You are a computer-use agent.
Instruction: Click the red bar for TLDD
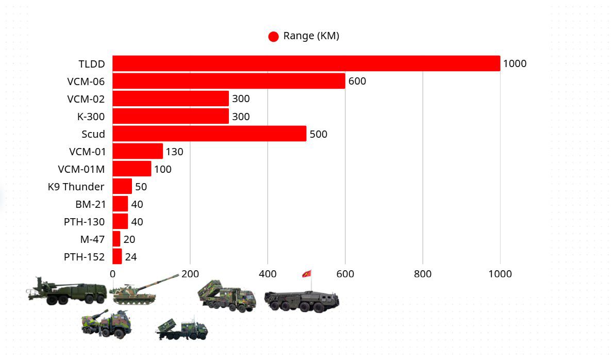click(x=306, y=63)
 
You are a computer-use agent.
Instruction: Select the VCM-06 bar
click(x=229, y=81)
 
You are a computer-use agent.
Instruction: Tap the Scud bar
click(x=209, y=134)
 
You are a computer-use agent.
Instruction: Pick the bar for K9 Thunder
click(x=122, y=186)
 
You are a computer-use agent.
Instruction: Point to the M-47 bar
click(x=117, y=239)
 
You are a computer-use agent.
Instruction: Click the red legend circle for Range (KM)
click(x=274, y=36)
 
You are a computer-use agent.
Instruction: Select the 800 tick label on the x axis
click(x=423, y=274)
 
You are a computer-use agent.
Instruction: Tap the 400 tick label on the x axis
click(x=268, y=274)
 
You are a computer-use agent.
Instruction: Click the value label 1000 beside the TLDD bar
click(x=514, y=63)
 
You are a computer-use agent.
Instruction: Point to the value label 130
click(x=174, y=152)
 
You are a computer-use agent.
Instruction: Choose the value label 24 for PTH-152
click(x=131, y=257)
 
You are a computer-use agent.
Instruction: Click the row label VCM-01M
click(x=81, y=169)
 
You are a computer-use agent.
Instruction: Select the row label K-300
click(x=91, y=117)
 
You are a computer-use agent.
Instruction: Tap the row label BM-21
click(x=90, y=204)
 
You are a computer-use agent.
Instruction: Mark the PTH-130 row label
click(x=84, y=222)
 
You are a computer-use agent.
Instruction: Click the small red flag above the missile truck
click(x=307, y=273)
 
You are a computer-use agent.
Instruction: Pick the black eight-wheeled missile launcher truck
click(x=302, y=301)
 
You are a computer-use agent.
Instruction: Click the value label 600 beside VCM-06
click(x=357, y=81)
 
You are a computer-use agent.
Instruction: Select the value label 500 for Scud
click(x=318, y=134)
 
